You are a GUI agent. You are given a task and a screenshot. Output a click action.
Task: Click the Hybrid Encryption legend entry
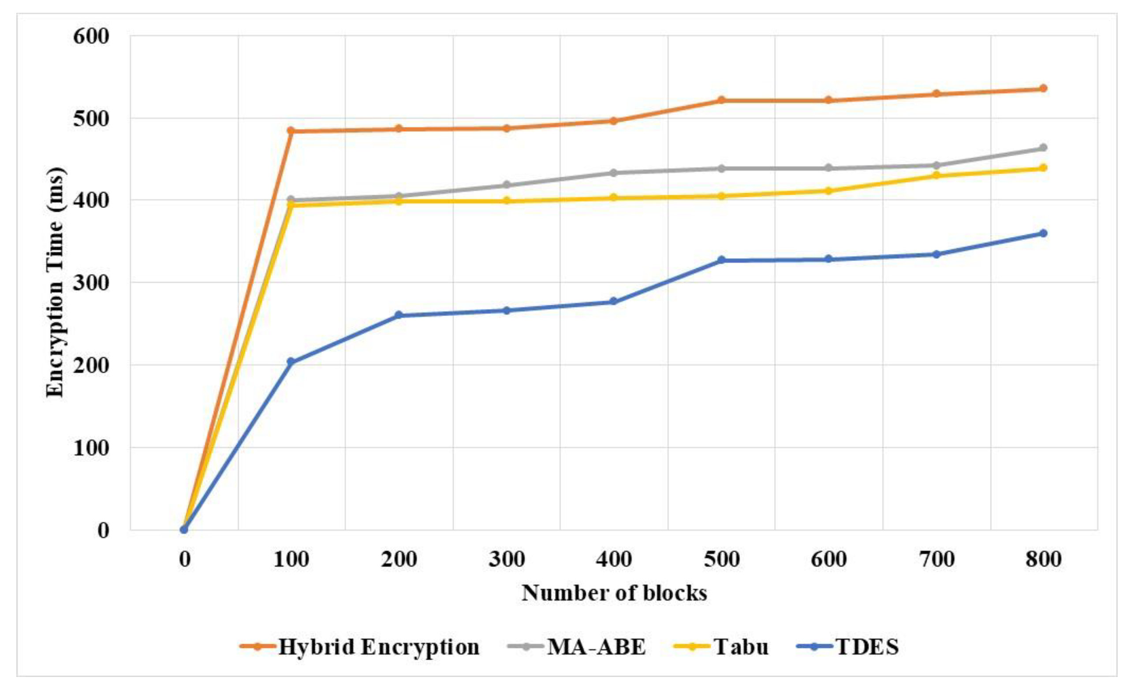359,647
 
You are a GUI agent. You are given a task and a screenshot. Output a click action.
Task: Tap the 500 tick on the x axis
721,559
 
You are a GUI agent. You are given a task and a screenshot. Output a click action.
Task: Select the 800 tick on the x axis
1043,559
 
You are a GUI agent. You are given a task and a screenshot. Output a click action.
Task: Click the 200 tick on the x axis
399,559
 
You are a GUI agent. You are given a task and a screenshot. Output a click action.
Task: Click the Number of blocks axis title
614,593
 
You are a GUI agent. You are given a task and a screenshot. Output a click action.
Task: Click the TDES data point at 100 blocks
291,362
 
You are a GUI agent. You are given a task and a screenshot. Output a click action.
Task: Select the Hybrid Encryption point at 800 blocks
1043,88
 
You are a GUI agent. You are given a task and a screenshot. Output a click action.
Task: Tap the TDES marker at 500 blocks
721,260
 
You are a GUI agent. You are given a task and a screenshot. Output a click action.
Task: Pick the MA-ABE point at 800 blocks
1043,148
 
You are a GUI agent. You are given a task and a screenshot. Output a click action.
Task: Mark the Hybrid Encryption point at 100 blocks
291,130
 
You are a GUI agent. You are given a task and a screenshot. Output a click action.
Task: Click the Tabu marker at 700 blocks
936,175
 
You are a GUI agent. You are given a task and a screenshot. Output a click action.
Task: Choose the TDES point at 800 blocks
1043,233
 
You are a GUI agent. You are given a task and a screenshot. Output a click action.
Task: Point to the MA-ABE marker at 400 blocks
613,173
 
